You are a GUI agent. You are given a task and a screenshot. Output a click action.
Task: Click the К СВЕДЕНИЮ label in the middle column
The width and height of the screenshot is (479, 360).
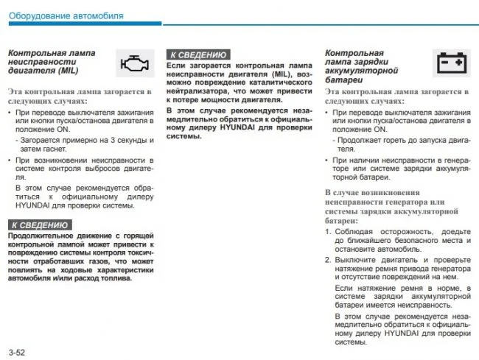pyautogui.click(x=197, y=54)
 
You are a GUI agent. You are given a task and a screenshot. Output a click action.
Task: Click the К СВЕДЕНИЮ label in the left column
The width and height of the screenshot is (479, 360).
pyautogui.click(x=40, y=225)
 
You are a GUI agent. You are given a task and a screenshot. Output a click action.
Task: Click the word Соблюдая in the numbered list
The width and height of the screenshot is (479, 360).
pyautogui.click(x=354, y=231)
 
